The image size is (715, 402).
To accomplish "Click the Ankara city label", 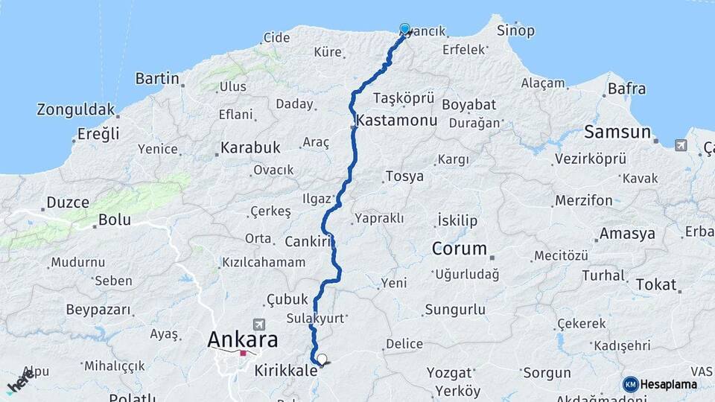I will click(242, 340).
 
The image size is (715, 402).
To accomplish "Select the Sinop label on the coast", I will click(515, 31).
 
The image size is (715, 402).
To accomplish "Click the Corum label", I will click(459, 249).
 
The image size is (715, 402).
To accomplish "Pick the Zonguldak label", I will click(76, 110).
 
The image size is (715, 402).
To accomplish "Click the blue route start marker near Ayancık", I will click(404, 29).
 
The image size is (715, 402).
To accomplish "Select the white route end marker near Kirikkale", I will click(322, 359).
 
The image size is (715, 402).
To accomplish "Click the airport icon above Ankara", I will click(258, 325).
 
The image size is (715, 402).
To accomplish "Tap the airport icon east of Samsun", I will click(681, 144).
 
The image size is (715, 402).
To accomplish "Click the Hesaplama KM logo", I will click(660, 384).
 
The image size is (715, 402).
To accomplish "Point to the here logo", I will click(20, 383).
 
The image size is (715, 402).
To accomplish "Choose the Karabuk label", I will click(250, 147).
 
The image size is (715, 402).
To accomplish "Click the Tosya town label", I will click(405, 176).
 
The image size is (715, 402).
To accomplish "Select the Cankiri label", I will click(307, 241).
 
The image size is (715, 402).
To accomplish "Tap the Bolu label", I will click(115, 220).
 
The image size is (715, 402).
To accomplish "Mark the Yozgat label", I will click(449, 372).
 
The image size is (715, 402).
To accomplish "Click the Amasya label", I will click(627, 234).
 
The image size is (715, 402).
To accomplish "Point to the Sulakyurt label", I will click(316, 318).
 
